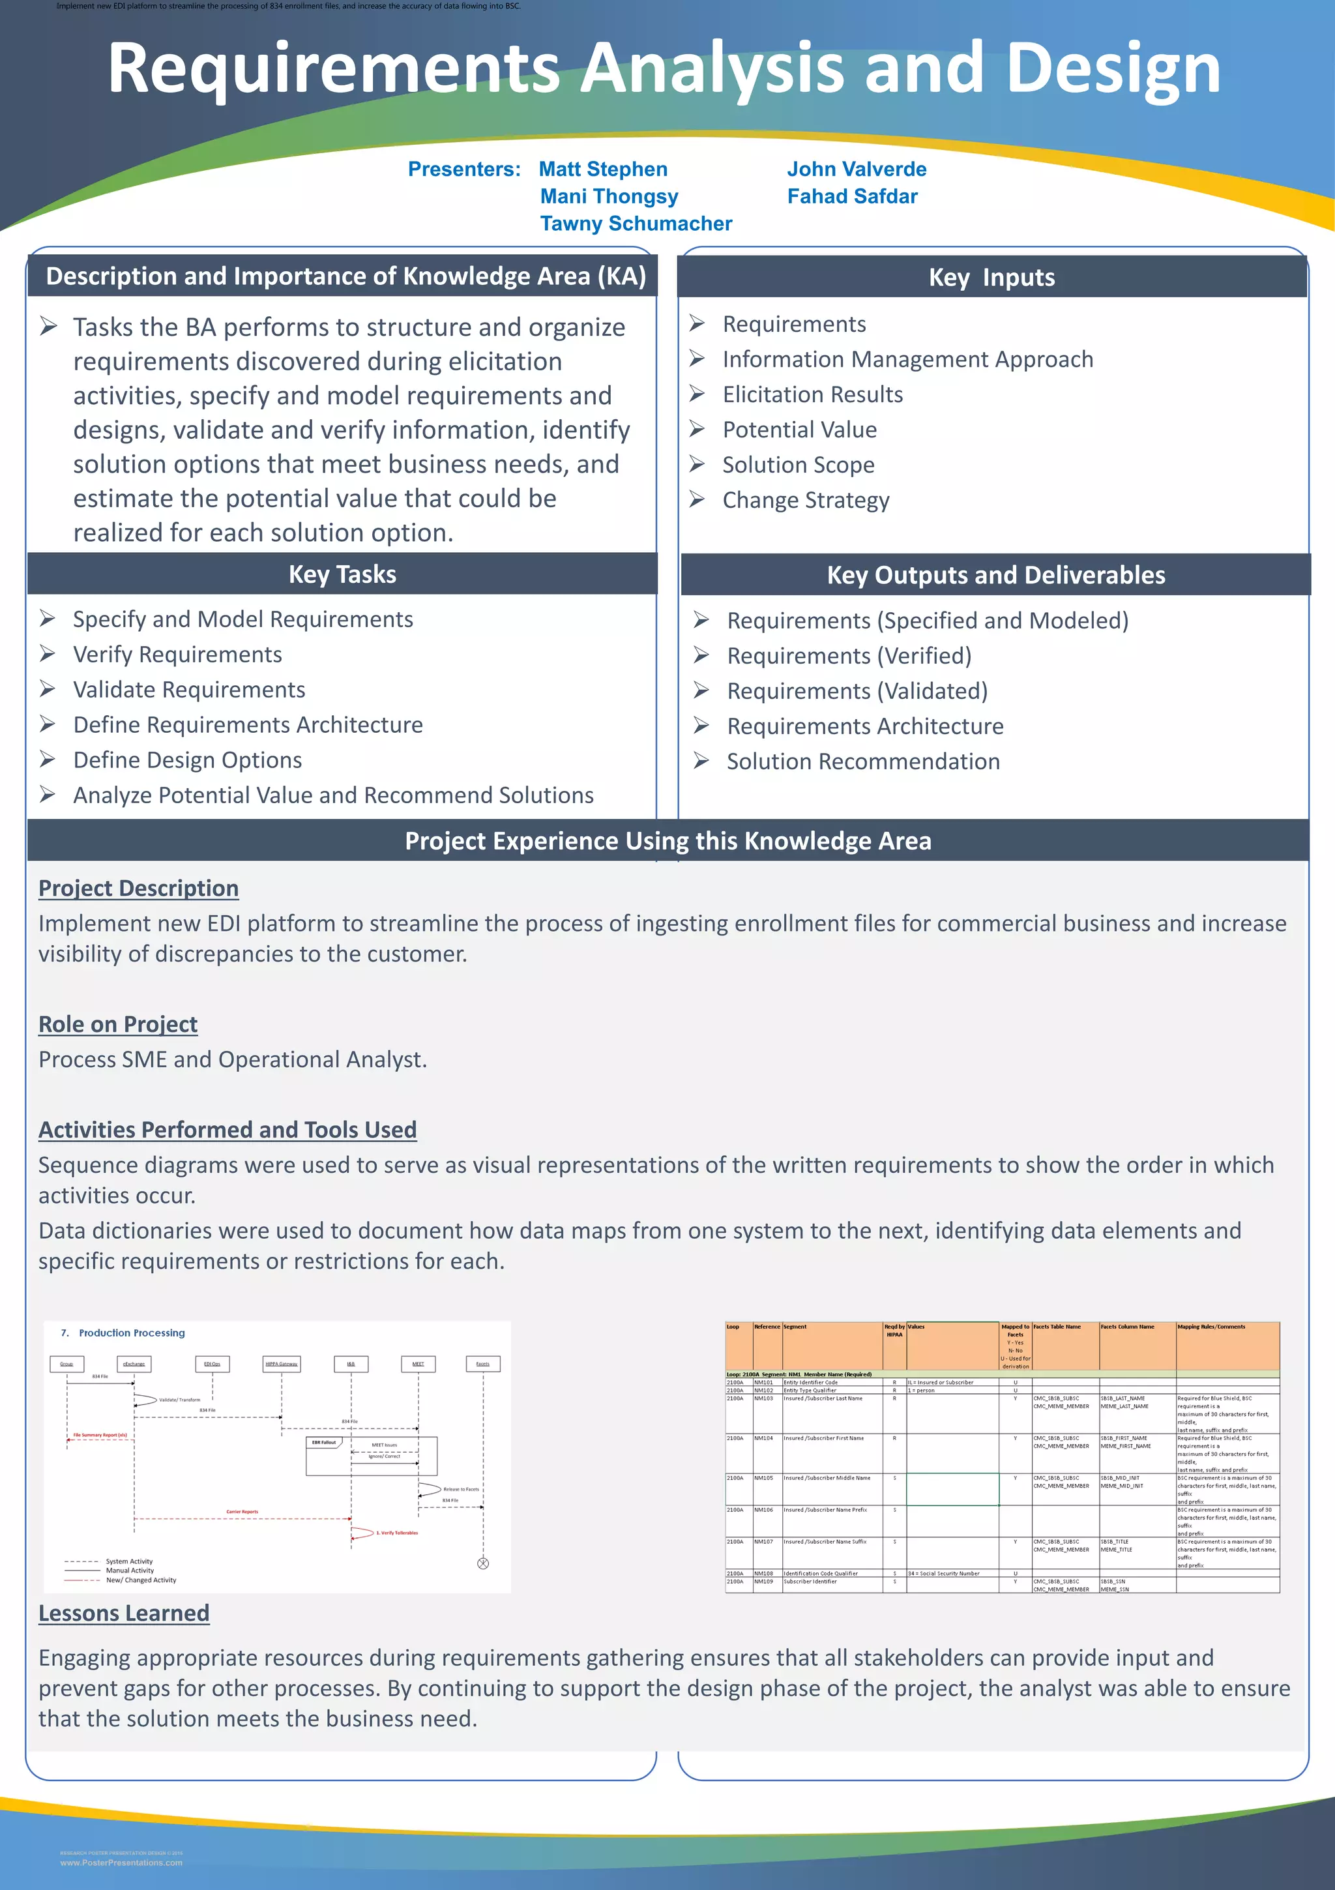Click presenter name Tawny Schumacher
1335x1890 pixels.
(x=636, y=224)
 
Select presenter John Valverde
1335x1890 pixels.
(x=856, y=169)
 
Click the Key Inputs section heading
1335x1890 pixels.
(x=991, y=278)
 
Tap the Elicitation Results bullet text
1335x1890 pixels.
(x=812, y=395)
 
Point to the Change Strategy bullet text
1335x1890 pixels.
(x=806, y=501)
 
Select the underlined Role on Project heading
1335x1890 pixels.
(x=118, y=1025)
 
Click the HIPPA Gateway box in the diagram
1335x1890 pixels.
(x=282, y=1364)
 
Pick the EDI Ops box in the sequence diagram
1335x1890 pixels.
(x=213, y=1364)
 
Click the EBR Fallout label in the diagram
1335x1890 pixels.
(x=323, y=1442)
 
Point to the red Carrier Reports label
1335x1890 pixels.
(x=242, y=1511)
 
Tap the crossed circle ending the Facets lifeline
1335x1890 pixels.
(x=483, y=1563)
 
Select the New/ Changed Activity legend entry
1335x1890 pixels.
(x=141, y=1580)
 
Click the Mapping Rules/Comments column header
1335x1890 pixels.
(x=1210, y=1327)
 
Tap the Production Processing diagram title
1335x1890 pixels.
(x=132, y=1333)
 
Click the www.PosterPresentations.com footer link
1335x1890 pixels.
(x=121, y=1863)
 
